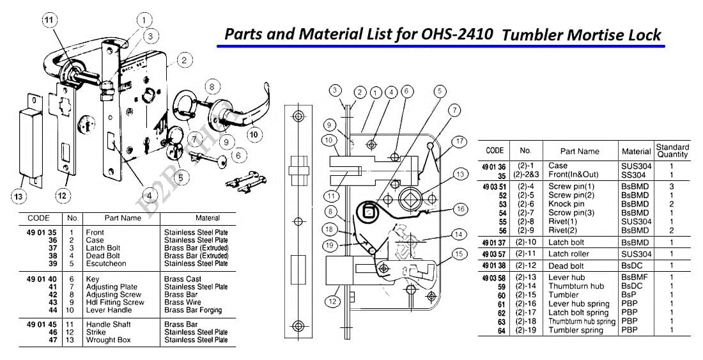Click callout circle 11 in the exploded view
(49, 20)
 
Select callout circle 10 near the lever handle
(254, 135)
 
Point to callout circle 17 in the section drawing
(459, 141)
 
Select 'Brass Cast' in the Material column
(183, 279)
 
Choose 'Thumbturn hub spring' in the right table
(582, 322)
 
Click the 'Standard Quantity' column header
(672, 151)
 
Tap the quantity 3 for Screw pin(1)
(672, 186)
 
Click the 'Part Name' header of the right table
(580, 152)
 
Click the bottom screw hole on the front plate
(298, 324)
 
